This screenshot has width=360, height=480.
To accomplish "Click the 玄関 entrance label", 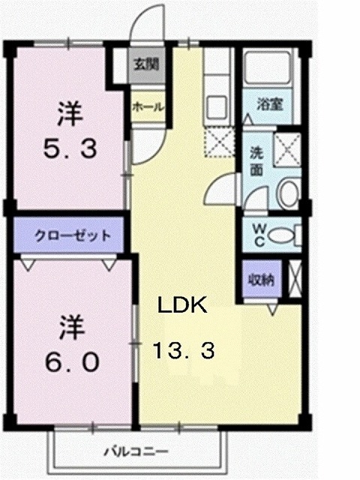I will coord(147,64).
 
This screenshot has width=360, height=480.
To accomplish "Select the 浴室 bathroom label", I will coord(270,105).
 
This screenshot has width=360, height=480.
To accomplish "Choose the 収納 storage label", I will coord(262,279).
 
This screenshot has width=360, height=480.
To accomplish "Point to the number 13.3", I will coord(184,349).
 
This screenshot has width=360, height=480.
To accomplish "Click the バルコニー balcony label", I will coord(135,452).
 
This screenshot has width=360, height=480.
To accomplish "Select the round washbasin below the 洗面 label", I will coord(287,193).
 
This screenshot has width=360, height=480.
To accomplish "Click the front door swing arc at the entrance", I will coord(157,26).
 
